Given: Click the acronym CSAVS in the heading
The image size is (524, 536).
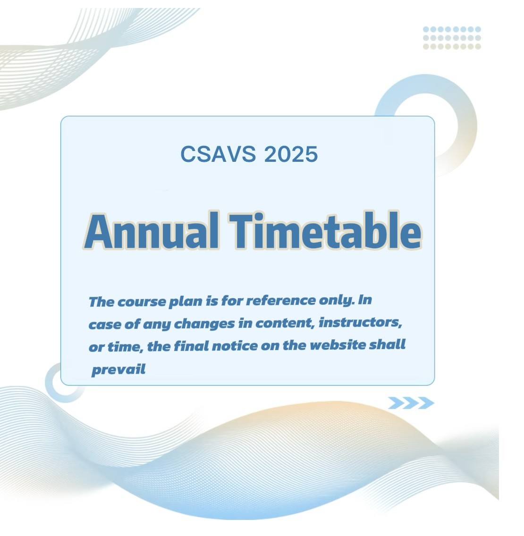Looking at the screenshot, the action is pos(218,154).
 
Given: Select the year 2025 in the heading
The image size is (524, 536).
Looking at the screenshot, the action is pos(291,154).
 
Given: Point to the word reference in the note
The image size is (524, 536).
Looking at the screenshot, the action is pos(281,301).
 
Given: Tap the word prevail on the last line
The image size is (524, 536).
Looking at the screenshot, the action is pos(118,369).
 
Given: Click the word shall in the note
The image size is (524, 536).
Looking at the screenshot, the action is pos(387,344).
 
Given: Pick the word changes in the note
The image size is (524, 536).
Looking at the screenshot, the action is pos(204,324).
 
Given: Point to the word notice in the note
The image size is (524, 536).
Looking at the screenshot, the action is pos(235,346).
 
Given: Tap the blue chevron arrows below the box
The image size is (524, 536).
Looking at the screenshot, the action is pos(411,403).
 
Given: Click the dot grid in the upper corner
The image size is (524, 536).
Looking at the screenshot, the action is pos(452,38).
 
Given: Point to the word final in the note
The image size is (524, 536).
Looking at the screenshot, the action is pos(191,346).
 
